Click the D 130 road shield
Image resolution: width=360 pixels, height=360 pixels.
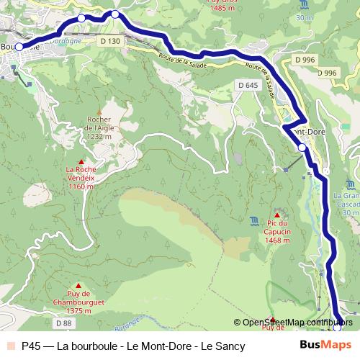pos(111,42)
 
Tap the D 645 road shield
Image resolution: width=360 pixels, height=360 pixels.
pos(247,86)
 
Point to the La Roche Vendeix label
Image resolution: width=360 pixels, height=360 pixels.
pos(81,177)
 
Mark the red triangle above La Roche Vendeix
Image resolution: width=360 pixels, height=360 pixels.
pos(81,162)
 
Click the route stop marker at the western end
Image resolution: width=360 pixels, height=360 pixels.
pos(19,48)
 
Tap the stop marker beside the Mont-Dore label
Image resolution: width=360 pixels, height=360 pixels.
pos(302,147)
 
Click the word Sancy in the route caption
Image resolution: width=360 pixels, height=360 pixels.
pos(230,346)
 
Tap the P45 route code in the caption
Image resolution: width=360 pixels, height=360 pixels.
pos(32,346)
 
